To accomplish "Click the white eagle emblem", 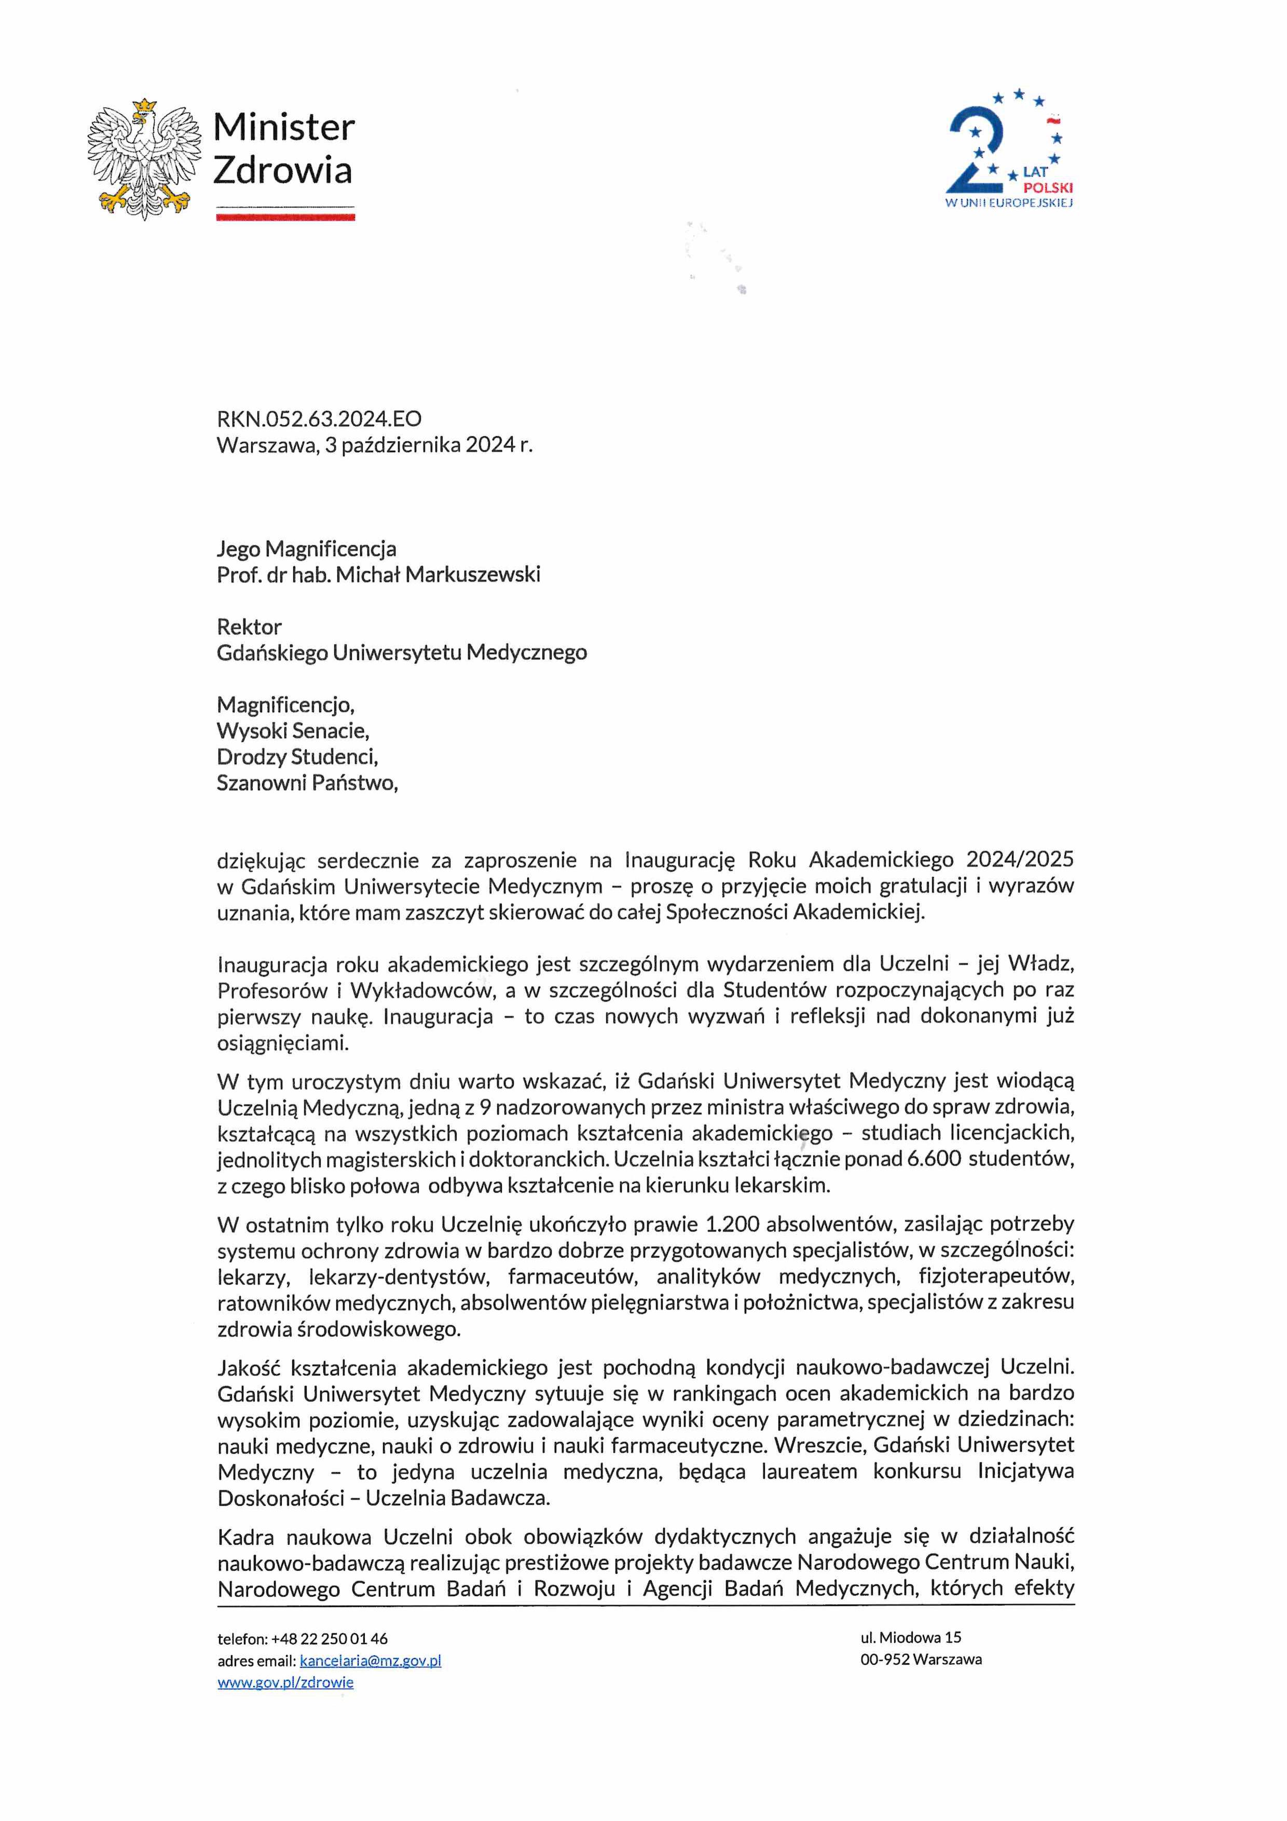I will tap(144, 159).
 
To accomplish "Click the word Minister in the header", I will tap(283, 128).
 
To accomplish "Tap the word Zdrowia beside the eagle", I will tap(282, 170).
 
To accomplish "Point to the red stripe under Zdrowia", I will tap(285, 216).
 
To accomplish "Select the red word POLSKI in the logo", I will tap(1048, 188).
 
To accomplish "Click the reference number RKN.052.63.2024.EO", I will tap(319, 419).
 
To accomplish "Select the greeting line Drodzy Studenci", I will tap(297, 757).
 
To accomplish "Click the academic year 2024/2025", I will tap(1020, 860).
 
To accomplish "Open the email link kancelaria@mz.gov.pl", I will tap(371, 1661).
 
